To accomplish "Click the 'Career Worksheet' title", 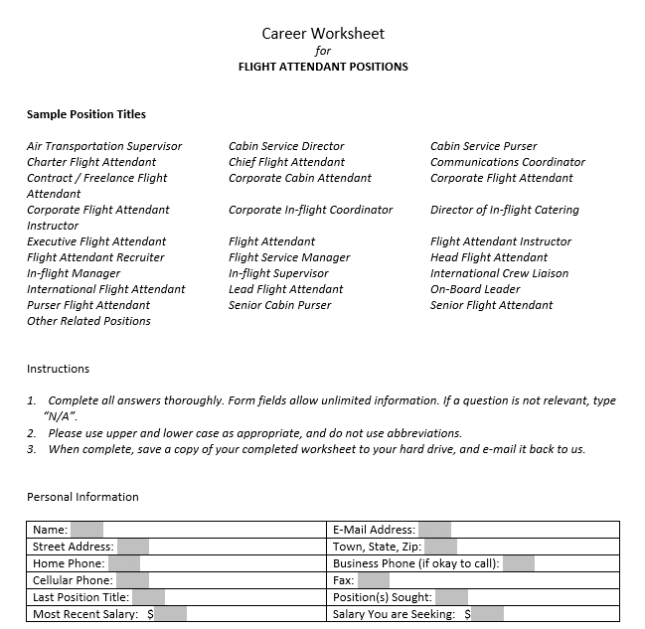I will [323, 34].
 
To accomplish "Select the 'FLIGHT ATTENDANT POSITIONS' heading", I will [323, 68].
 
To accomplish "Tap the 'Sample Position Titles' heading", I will [86, 114].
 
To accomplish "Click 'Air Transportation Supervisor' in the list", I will [104, 146].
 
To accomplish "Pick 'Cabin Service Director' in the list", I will [286, 146].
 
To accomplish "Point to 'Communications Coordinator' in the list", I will [508, 162].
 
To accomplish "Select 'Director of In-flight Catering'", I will [505, 210].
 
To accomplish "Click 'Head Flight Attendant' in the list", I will [489, 257].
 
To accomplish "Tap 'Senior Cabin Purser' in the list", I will [280, 305].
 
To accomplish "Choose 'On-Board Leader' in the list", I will [475, 289].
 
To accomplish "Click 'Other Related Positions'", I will [88, 321].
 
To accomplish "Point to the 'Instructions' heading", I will [58, 369].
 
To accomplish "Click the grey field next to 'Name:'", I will [86, 530].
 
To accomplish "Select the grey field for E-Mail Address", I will [434, 530].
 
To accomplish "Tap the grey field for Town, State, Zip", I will [440, 547].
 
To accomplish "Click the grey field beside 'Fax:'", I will [374, 580].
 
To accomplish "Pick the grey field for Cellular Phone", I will [131, 580].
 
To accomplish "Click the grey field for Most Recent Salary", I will [171, 614].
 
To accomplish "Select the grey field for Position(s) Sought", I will [451, 597].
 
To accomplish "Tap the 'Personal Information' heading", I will [82, 497].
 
